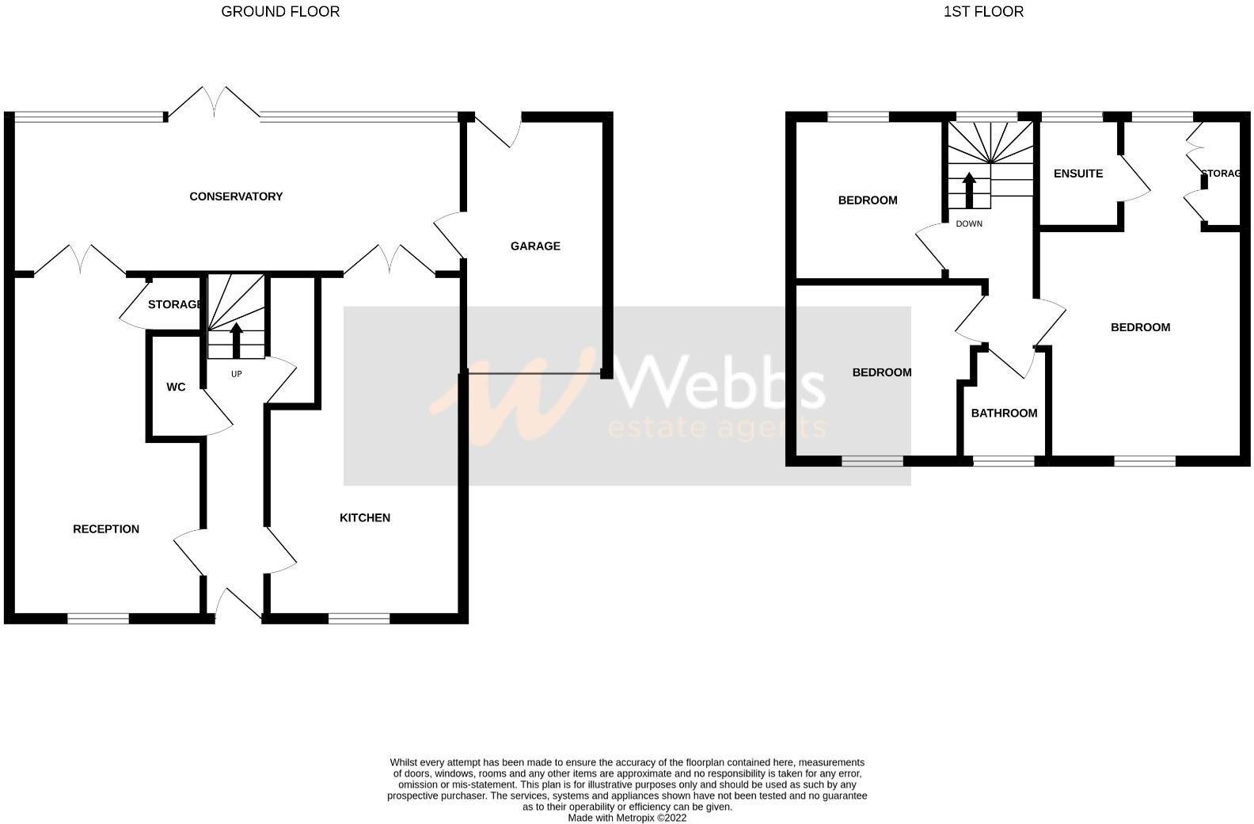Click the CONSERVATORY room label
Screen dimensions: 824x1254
click(x=236, y=196)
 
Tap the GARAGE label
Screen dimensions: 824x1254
click(x=535, y=246)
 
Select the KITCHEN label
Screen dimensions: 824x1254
click(x=365, y=518)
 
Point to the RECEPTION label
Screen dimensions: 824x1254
click(x=106, y=529)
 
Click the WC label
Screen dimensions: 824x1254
click(x=176, y=387)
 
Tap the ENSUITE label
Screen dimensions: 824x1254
click(x=1078, y=174)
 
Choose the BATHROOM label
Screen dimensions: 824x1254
click(x=1004, y=414)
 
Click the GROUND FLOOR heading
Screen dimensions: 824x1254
click(x=280, y=12)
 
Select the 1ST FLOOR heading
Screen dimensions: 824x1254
click(x=983, y=12)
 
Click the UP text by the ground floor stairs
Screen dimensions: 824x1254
click(x=236, y=374)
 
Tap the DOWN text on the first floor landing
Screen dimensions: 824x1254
click(x=969, y=224)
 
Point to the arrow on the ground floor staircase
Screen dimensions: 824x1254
click(x=236, y=339)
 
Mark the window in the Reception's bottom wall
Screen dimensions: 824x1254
click(x=98, y=619)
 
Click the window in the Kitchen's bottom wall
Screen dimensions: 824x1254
click(x=359, y=619)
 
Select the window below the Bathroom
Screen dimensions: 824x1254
click(x=1004, y=461)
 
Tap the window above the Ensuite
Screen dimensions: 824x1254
click(x=1072, y=116)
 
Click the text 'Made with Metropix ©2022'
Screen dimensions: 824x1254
click(x=627, y=818)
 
